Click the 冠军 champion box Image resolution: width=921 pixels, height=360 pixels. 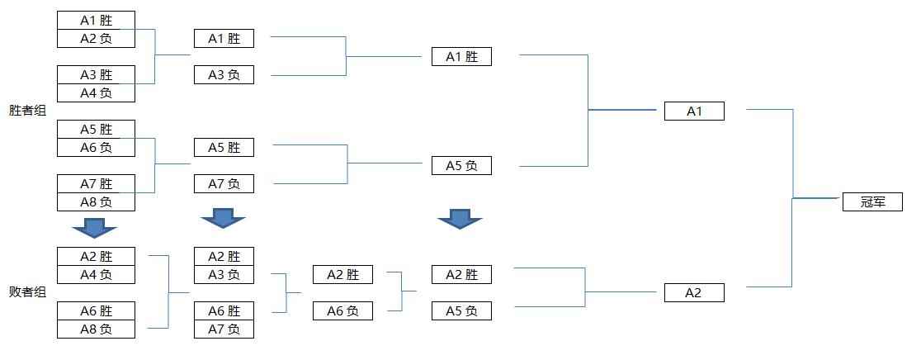(x=872, y=201)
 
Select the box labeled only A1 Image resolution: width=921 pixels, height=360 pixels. (x=694, y=111)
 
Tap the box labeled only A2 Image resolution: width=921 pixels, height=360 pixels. (x=694, y=292)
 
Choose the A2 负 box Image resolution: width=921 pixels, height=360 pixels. (x=97, y=39)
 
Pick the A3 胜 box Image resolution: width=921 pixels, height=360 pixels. (x=97, y=74)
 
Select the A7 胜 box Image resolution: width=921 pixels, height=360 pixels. (x=97, y=184)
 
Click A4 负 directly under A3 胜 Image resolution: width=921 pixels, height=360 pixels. (x=97, y=92)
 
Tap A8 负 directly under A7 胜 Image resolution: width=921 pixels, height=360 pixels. (x=97, y=202)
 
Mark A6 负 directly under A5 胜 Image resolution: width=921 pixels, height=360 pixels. (x=97, y=148)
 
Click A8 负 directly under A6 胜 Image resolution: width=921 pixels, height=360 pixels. (x=97, y=329)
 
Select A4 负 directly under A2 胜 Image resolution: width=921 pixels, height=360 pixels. (x=97, y=274)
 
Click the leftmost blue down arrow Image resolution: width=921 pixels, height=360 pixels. (x=94, y=227)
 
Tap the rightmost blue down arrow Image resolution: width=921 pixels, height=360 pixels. (x=460, y=219)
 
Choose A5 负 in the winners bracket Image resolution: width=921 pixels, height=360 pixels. (x=461, y=166)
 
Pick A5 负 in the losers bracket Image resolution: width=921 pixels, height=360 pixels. (x=461, y=310)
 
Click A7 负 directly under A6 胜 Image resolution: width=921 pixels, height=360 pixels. (x=224, y=329)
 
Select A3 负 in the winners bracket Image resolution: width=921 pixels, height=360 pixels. (x=224, y=74)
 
